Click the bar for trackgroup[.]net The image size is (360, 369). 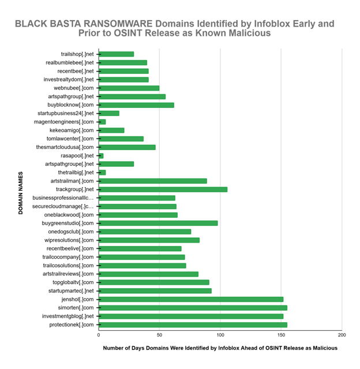(x=163, y=189)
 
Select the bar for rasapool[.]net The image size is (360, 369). (x=101, y=156)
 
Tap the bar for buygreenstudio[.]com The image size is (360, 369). (x=158, y=223)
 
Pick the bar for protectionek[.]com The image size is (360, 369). (x=193, y=325)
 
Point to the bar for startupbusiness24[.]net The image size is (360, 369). (x=109, y=113)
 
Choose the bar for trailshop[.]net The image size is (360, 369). (x=116, y=54)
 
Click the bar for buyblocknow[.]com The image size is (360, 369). (x=136, y=105)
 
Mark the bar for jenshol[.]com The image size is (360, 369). (x=191, y=299)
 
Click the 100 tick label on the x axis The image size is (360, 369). (x=220, y=334)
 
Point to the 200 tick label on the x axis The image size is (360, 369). (x=342, y=334)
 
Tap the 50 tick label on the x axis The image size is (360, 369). (x=159, y=334)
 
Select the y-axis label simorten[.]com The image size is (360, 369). (x=74, y=308)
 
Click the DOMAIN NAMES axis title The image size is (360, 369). (x=20, y=193)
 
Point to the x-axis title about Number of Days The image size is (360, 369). (x=220, y=349)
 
